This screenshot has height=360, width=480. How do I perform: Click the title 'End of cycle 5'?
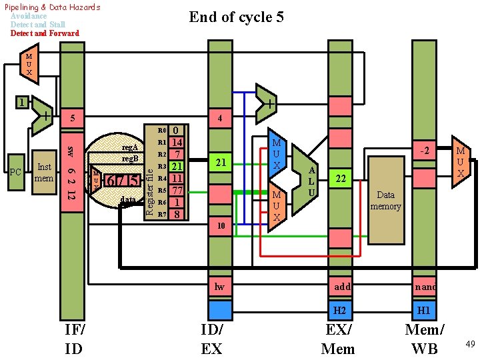tap(236, 17)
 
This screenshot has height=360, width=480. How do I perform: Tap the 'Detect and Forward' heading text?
tap(45, 33)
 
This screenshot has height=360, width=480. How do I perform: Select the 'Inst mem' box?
tap(45, 173)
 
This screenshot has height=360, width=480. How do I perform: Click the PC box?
tap(16, 173)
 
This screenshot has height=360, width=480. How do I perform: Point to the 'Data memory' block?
tap(385, 200)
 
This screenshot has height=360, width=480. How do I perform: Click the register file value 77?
tap(177, 190)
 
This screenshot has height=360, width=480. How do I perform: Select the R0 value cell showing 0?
tap(177, 131)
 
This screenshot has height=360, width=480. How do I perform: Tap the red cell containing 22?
tap(341, 179)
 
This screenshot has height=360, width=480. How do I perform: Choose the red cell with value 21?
tap(220, 163)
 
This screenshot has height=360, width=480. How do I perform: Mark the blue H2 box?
tap(340, 311)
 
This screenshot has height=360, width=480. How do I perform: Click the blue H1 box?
tap(424, 311)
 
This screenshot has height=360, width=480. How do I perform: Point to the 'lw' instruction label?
tap(220, 287)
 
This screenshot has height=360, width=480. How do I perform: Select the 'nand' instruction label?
tap(425, 287)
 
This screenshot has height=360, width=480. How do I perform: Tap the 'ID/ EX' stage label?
tap(212, 339)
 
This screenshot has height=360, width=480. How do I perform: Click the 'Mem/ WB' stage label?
tap(425, 339)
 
